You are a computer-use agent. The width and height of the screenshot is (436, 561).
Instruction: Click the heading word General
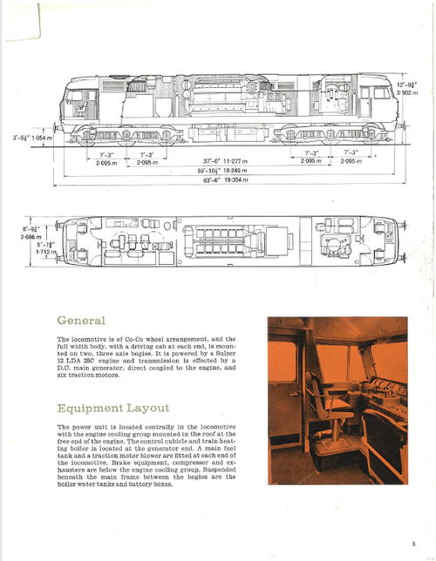81,321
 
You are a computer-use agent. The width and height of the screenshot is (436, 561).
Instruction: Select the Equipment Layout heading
113,408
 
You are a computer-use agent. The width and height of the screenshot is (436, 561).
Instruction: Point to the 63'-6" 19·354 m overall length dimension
227,180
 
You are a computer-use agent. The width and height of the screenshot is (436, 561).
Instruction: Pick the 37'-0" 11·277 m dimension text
227,161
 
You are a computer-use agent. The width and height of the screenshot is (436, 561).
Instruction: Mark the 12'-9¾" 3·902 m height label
410,87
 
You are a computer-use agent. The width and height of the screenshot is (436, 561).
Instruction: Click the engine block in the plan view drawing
228,238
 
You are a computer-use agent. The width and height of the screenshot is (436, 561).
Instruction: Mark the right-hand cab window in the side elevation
381,93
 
